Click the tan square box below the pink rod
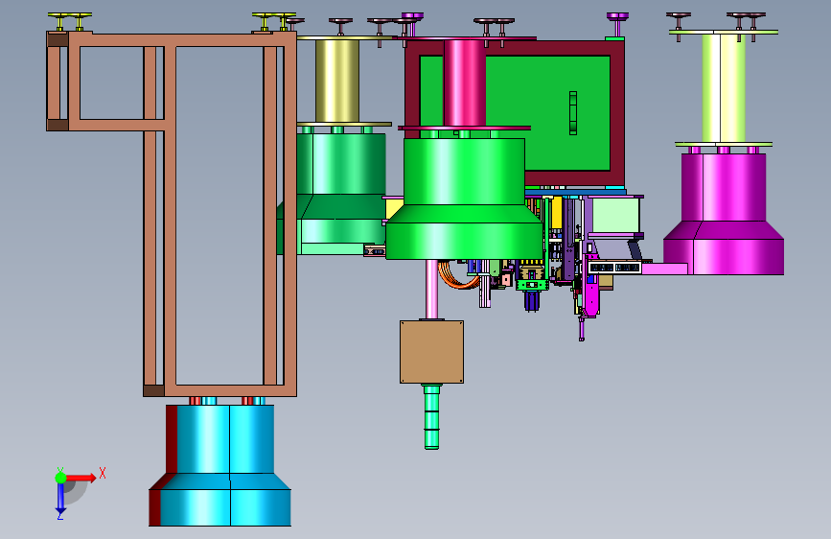(432, 352)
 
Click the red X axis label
(103, 473)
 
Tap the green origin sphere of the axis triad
(60, 478)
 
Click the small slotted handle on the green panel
(573, 113)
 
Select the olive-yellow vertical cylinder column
(337, 82)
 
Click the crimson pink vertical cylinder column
(464, 83)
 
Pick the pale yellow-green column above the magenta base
(724, 87)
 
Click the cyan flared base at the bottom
(219, 466)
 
